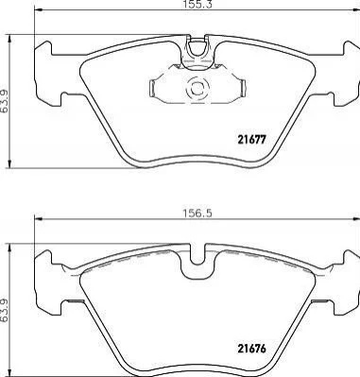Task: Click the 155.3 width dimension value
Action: pos(196,4)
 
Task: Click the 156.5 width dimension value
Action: pos(197,214)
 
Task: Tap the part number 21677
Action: pos(251,139)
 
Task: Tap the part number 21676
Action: pos(251,349)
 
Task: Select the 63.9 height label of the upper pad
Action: pos(5,100)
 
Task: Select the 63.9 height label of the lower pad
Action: pos(5,309)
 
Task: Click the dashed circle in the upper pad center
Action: pos(197,89)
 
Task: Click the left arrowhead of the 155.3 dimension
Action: pos(38,11)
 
